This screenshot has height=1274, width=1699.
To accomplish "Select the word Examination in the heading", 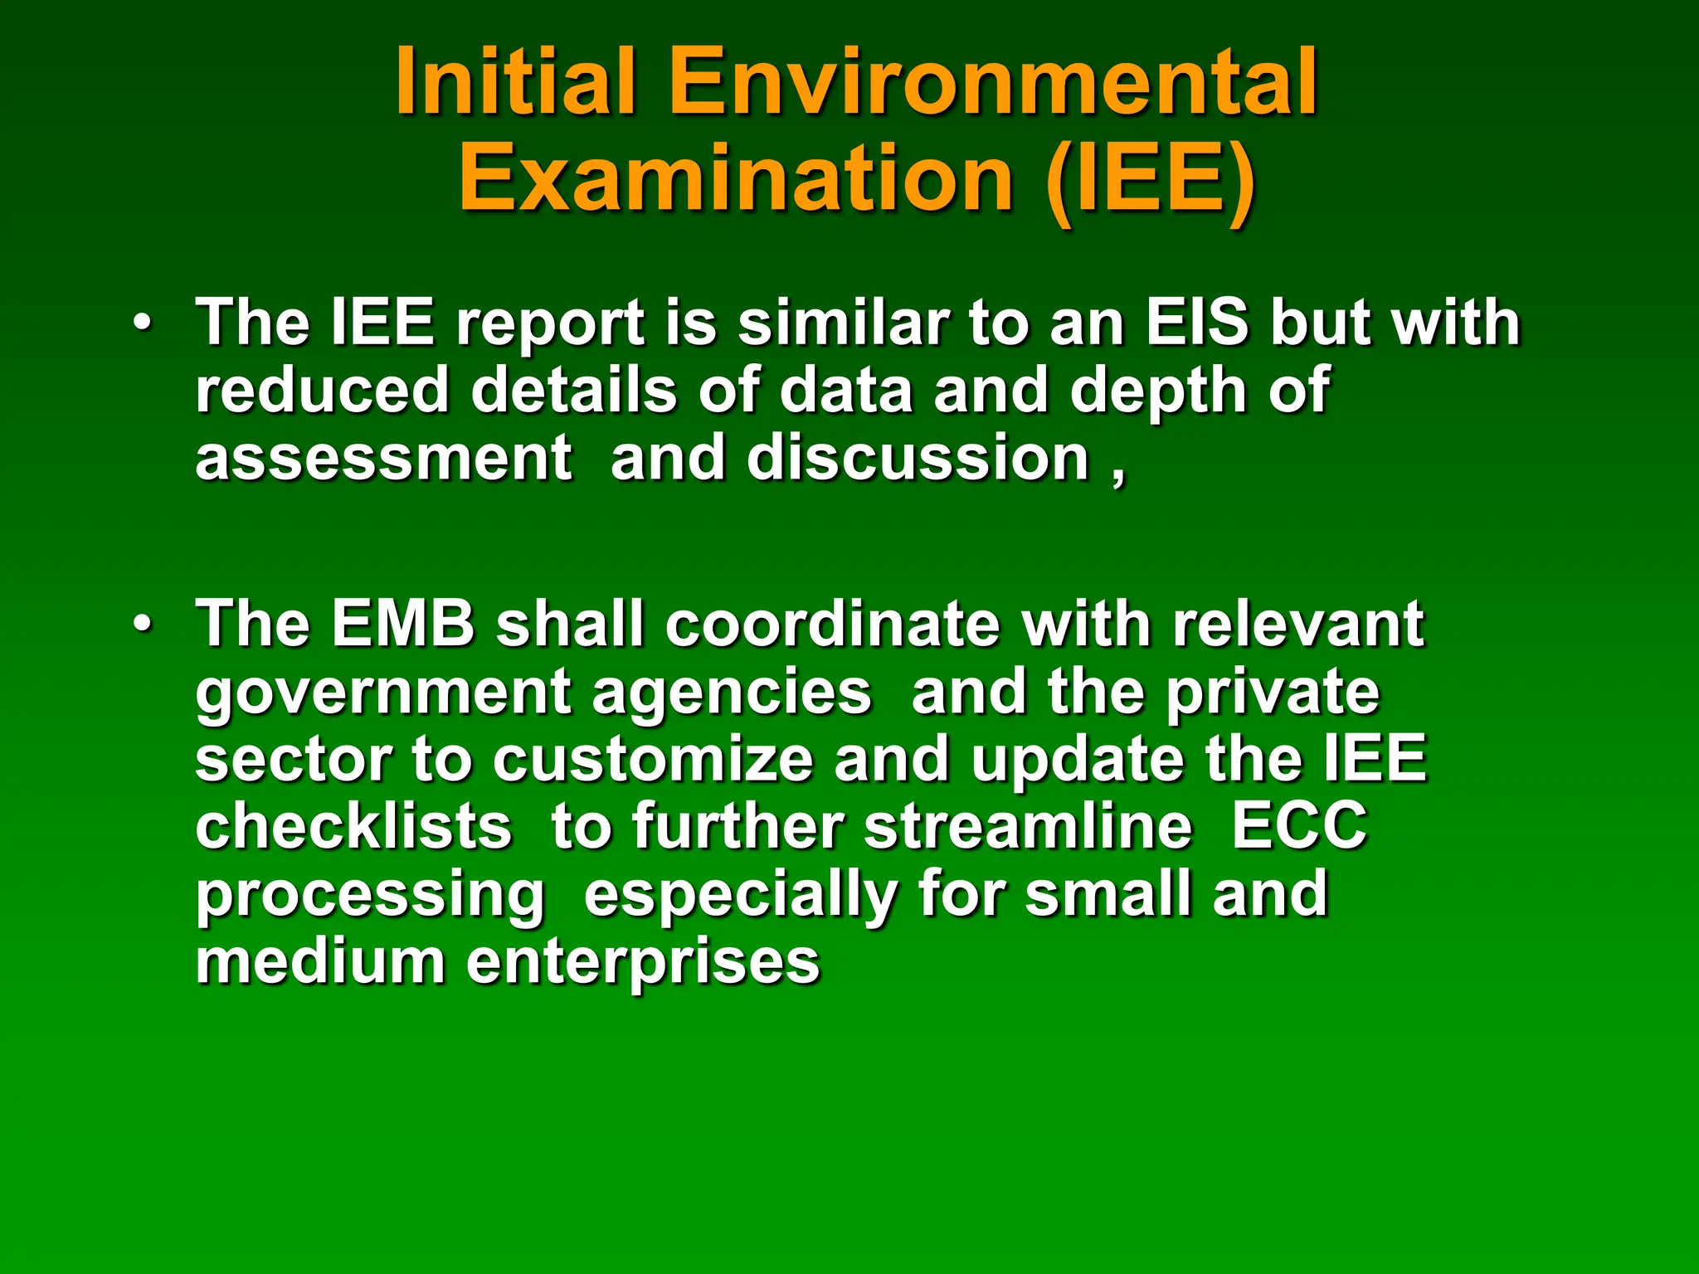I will coord(735,178).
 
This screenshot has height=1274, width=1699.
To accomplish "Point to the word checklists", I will coord(353,826).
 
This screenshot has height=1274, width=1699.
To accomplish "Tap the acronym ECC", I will coord(1298,826).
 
